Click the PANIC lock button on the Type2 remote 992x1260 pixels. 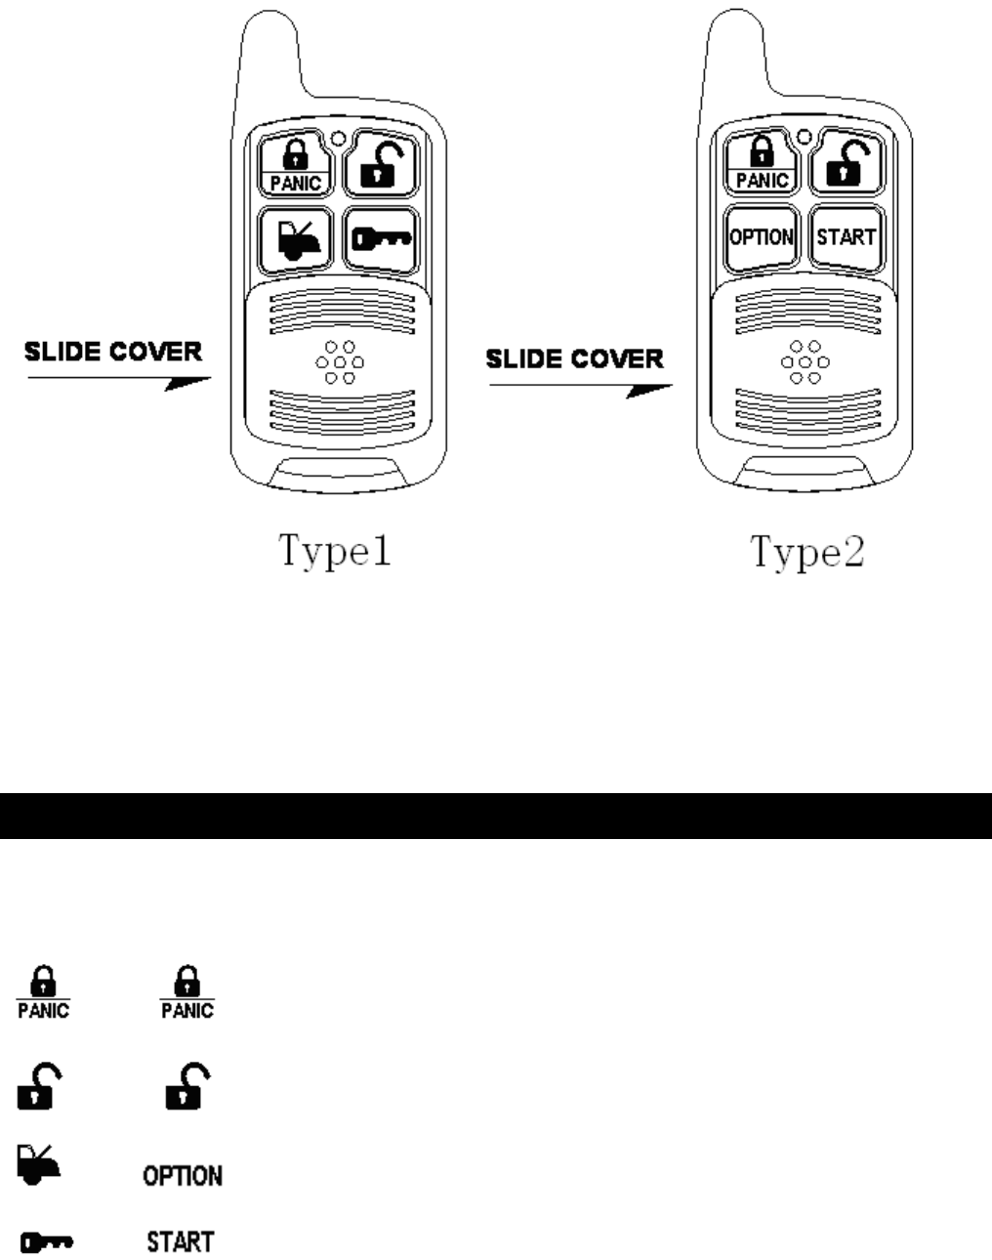click(x=762, y=164)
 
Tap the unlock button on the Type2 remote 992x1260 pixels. click(x=847, y=164)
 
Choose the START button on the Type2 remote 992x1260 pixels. click(x=847, y=237)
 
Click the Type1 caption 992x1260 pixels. click(x=337, y=552)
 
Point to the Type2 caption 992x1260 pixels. click(x=807, y=552)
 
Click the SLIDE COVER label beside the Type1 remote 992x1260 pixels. click(x=113, y=352)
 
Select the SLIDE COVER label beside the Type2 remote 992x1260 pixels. click(x=575, y=358)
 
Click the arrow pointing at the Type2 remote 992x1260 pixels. click(x=580, y=388)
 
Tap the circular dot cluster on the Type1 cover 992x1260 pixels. click(x=339, y=362)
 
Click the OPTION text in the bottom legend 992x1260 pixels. click(x=183, y=1176)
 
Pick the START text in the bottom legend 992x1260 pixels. click(x=181, y=1242)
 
